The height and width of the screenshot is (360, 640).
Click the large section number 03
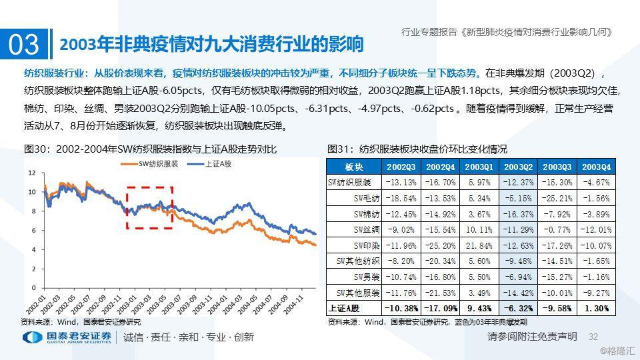point(24,45)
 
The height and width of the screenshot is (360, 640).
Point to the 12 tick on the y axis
point(31,172)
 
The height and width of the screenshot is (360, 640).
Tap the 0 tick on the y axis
point(33,287)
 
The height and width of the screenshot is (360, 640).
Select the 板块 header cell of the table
point(353,166)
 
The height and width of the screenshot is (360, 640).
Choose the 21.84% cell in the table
point(480,245)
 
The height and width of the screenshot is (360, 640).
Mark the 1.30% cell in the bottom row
point(597,309)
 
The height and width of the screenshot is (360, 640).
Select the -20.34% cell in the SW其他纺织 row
point(441,261)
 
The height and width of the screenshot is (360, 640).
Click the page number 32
point(593,337)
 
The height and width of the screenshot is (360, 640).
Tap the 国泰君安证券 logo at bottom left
point(67,337)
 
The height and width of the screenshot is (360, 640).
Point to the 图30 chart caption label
point(37,149)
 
